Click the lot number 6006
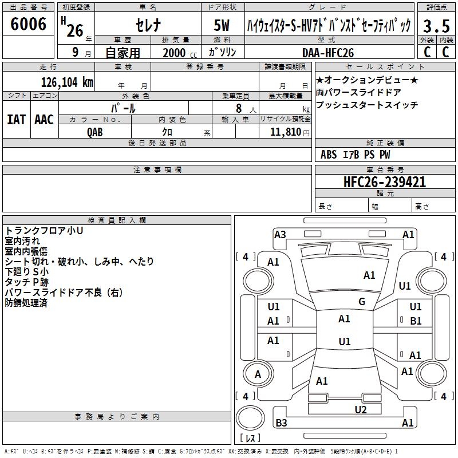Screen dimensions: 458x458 [x=29, y=24]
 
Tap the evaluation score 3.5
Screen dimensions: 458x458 [x=436, y=26]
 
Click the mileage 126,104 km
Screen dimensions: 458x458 [x=67, y=82]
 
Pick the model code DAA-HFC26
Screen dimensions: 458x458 [x=328, y=53]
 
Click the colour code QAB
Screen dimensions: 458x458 [x=96, y=131]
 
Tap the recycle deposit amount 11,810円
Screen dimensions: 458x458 [x=290, y=132]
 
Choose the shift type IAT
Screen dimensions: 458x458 [x=16, y=120]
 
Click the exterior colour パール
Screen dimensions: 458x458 [x=123, y=108]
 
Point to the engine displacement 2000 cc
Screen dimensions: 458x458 [x=179, y=53]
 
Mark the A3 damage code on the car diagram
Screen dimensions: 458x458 [x=280, y=234]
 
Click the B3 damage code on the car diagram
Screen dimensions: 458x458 [x=281, y=423]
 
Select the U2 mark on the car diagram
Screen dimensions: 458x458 [x=360, y=409]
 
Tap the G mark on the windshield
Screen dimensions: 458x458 [x=361, y=302]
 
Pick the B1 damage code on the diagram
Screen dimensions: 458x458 [x=416, y=321]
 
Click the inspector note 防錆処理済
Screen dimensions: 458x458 [x=26, y=303]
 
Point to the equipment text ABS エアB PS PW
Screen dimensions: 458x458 [x=355, y=155]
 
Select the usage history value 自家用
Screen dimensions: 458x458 [x=123, y=53]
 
